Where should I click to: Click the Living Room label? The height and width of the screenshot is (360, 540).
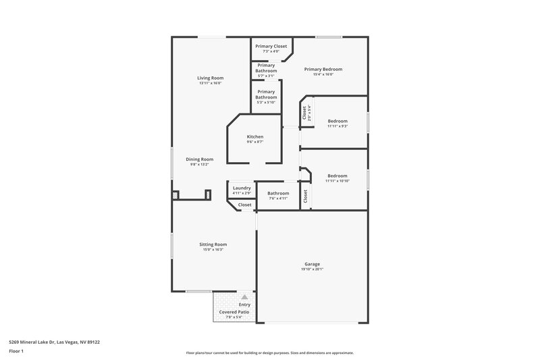(x=210, y=78)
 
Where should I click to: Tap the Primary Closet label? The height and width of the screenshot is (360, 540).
(x=271, y=46)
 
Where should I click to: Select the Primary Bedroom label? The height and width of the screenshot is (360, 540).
(x=323, y=69)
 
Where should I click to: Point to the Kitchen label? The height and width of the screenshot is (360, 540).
(x=254, y=136)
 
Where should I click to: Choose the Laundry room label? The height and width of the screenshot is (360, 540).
(x=242, y=188)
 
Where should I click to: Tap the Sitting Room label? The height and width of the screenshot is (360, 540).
(x=213, y=244)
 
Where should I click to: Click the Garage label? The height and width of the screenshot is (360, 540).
(x=312, y=263)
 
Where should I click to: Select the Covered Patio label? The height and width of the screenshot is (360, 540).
(x=234, y=312)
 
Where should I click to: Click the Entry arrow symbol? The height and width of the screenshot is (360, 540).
(x=244, y=297)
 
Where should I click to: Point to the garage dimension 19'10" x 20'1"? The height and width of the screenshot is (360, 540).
(x=312, y=269)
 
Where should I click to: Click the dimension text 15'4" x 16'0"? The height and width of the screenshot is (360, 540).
(x=323, y=74)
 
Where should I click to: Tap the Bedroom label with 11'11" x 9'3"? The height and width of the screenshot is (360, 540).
(x=337, y=121)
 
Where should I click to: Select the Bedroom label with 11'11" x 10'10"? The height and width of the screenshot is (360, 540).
(x=337, y=176)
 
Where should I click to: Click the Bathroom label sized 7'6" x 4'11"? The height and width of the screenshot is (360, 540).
(x=278, y=193)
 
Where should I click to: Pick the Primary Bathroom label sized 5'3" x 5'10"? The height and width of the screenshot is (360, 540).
(x=266, y=94)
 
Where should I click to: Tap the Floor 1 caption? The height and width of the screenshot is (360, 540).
(x=16, y=351)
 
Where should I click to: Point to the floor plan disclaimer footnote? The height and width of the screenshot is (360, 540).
(x=269, y=353)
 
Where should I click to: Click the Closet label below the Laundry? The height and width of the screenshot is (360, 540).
(x=244, y=205)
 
